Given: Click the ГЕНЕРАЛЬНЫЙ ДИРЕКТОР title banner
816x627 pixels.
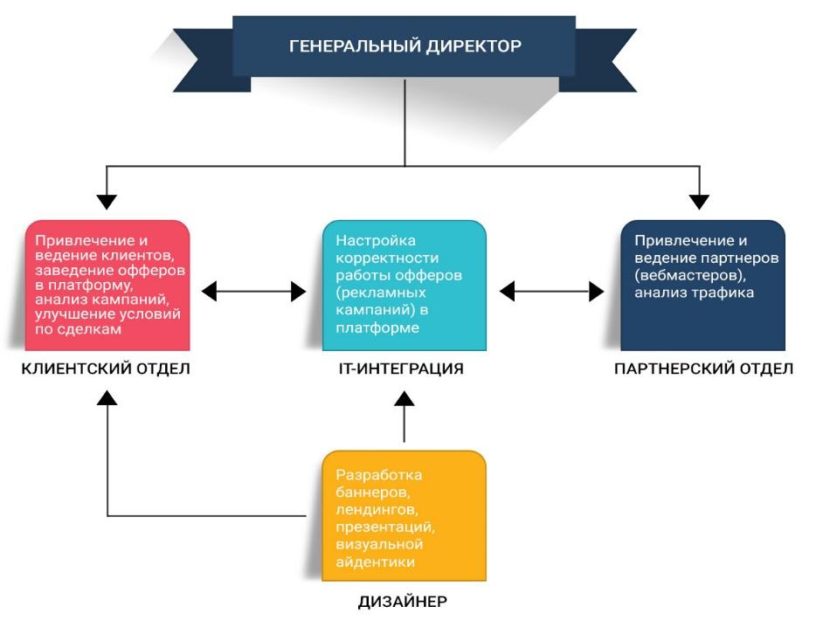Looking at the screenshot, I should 405,45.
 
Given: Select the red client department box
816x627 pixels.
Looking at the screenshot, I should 107,285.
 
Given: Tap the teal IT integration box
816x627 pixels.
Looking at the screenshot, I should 404,285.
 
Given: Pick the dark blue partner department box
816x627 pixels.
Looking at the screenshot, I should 702,285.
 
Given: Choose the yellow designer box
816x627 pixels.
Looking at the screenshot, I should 404,515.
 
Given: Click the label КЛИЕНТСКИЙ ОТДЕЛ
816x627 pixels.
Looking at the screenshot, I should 106,369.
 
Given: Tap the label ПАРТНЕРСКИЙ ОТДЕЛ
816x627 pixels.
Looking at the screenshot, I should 703,369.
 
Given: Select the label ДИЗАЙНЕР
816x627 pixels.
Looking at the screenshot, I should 403,602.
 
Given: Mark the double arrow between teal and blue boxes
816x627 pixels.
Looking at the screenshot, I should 551,292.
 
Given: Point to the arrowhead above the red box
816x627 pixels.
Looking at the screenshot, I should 107,201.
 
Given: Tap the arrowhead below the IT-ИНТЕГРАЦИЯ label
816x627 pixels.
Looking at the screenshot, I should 404,400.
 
